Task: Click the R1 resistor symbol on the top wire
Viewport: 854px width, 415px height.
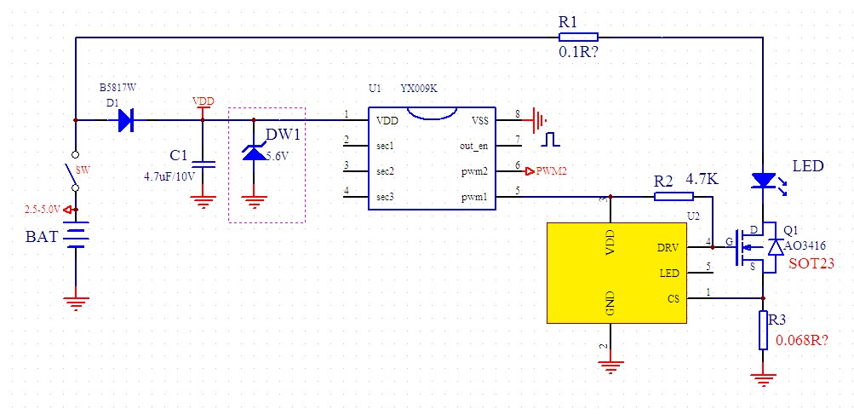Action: click(578, 37)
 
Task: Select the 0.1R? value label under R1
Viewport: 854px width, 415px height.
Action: click(582, 53)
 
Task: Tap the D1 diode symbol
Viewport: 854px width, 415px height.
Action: click(126, 120)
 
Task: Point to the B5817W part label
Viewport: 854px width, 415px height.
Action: click(116, 88)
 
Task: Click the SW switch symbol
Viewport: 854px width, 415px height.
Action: click(75, 170)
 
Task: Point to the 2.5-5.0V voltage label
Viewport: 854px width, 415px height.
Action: click(43, 209)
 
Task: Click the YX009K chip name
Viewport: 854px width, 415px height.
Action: click(419, 89)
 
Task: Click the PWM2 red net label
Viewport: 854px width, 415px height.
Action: click(552, 171)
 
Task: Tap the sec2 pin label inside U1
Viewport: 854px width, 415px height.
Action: click(385, 171)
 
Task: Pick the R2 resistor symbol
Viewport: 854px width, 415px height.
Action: click(673, 197)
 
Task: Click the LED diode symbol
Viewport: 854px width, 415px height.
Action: click(763, 181)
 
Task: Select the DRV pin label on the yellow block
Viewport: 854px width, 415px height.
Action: click(668, 248)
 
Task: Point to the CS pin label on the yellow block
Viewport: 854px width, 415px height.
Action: click(673, 298)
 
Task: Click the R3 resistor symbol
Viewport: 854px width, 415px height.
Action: click(763, 330)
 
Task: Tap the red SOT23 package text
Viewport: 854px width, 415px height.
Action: click(811, 264)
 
